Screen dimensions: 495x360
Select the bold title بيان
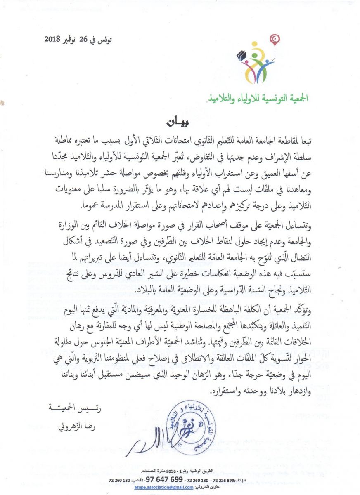(178, 122)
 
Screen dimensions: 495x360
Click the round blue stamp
(192, 417)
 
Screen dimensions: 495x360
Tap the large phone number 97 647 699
(164, 479)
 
